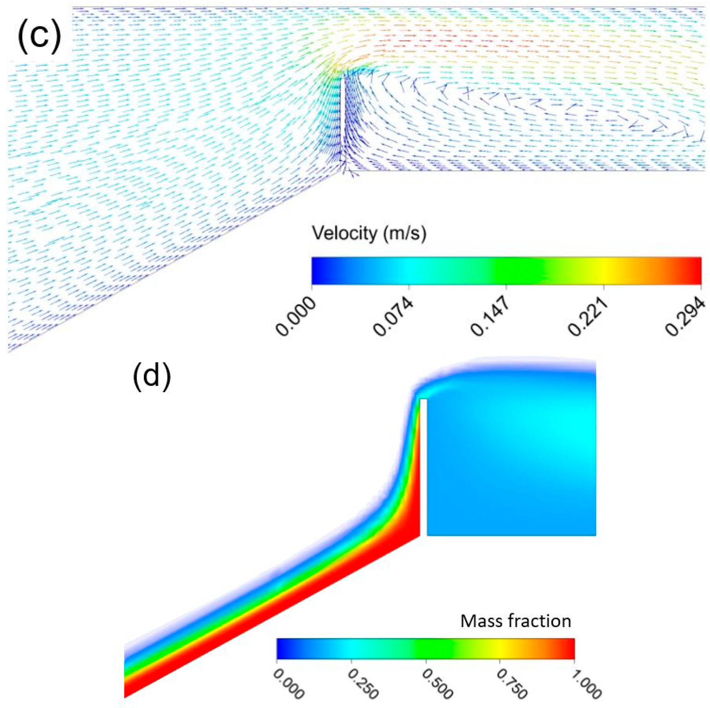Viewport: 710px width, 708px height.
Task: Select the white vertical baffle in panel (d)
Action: point(423,467)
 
